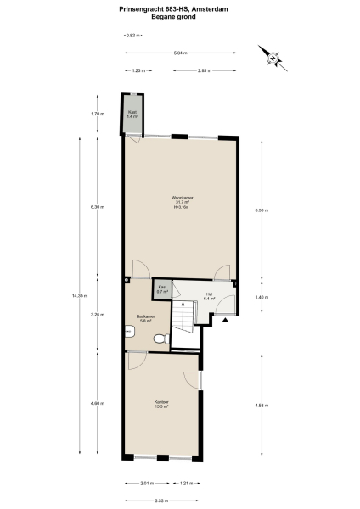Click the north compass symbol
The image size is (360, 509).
click(x=275, y=57)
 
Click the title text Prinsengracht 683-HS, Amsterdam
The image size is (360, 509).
click(x=180, y=9)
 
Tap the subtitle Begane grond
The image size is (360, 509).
click(x=180, y=16)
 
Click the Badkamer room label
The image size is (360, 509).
click(x=143, y=319)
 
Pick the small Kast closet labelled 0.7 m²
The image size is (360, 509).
click(x=162, y=288)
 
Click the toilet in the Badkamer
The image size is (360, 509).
click(x=159, y=338)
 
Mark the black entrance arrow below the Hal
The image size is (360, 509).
click(x=225, y=321)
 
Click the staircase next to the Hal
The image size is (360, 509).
click(x=185, y=321)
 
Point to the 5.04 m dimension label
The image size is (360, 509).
click(x=179, y=53)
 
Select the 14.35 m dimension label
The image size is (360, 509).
click(x=80, y=295)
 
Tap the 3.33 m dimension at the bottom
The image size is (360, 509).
click(x=161, y=501)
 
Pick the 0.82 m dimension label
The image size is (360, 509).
click(x=132, y=36)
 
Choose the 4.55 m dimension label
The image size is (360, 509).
click(x=262, y=405)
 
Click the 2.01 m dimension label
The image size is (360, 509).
click(x=147, y=484)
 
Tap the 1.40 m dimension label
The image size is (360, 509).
click(x=262, y=297)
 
